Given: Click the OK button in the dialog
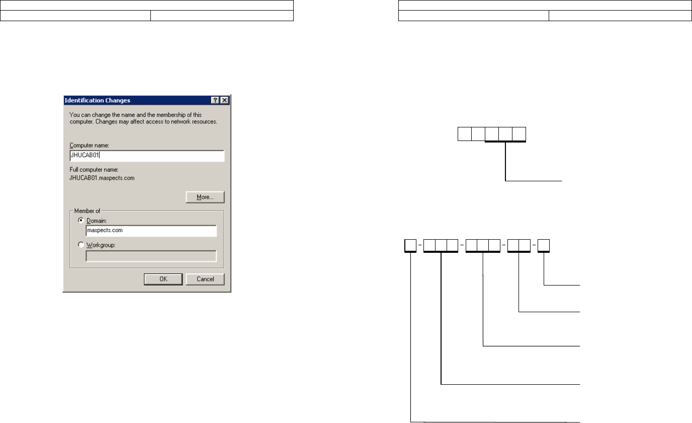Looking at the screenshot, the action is (163, 279).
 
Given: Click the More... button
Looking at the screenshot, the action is (205, 197).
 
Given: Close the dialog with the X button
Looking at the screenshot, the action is (224, 100).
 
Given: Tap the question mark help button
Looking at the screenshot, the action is (215, 100).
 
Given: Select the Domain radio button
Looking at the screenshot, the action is (81, 221).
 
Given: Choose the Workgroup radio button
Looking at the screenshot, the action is (81, 245).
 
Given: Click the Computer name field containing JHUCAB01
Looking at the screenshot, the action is (146, 156).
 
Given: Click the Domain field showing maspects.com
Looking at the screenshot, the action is (151, 231).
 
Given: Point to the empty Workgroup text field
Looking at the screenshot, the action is (151, 256).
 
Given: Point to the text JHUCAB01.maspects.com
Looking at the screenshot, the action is (102, 178).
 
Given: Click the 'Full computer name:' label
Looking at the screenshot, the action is (93, 170).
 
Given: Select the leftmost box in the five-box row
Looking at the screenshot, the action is (464, 134).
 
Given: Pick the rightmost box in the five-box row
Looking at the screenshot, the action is (519, 134).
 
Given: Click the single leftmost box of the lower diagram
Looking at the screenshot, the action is (411, 246).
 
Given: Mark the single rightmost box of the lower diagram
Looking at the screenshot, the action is (543, 246).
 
